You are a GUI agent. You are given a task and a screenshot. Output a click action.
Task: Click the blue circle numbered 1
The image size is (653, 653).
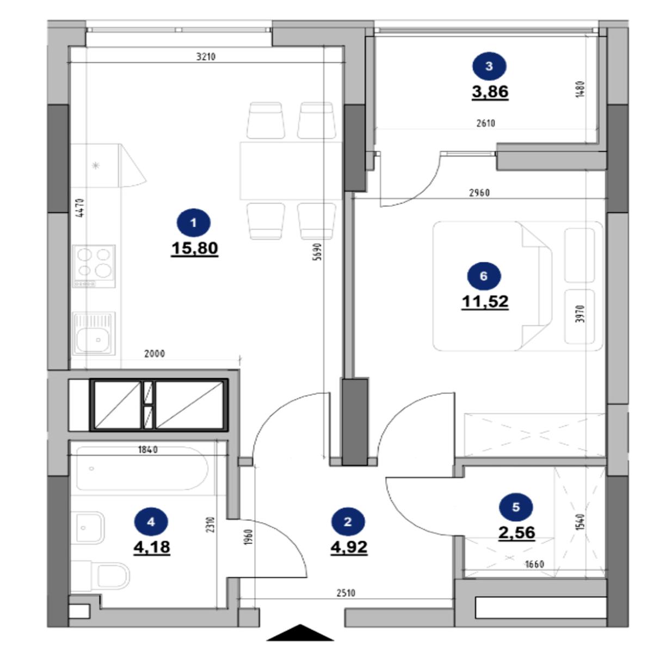tap(194, 223)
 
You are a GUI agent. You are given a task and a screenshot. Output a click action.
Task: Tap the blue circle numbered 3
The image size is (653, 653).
tap(489, 66)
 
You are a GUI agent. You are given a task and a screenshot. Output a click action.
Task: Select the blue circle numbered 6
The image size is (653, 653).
tap(484, 276)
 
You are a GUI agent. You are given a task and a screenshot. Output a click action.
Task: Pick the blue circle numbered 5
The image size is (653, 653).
tap(516, 507)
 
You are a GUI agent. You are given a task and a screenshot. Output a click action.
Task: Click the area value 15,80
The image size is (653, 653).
tap(194, 248)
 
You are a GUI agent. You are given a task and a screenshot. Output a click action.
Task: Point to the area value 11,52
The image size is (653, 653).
tap(485, 301)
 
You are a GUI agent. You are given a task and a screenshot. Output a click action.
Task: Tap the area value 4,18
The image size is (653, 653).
tap(152, 547)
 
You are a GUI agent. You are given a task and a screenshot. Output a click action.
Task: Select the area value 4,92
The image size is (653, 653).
tap(349, 547)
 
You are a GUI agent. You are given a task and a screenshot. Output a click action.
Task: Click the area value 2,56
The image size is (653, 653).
tap(517, 532)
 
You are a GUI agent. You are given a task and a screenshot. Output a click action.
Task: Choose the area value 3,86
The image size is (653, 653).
tap(490, 91)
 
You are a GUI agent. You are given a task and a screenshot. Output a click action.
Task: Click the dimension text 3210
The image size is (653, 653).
tap(206, 57)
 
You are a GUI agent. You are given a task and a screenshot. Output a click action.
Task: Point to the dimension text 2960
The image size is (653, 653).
tap(479, 193)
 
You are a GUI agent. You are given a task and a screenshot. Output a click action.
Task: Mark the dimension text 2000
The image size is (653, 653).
tap(155, 354)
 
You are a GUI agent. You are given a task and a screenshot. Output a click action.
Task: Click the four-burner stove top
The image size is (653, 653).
tap(94, 266)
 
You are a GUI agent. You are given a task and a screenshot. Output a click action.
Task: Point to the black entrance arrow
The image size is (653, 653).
tap(300, 632)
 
